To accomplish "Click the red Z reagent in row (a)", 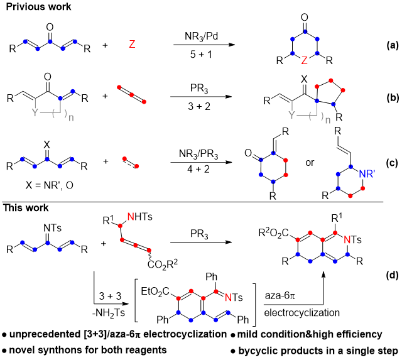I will pyautogui.click(x=132, y=45).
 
